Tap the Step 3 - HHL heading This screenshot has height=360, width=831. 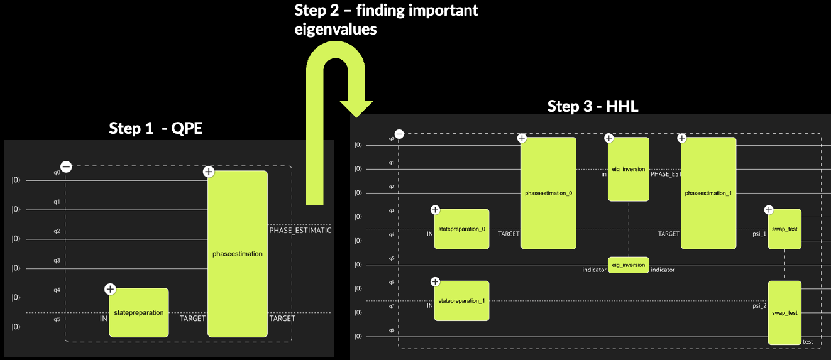pyautogui.click(x=593, y=106)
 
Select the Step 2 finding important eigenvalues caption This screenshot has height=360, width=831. pyautogui.click(x=386, y=19)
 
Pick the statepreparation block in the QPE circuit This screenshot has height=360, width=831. pyautogui.click(x=138, y=312)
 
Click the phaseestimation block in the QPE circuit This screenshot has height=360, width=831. pyautogui.click(x=238, y=254)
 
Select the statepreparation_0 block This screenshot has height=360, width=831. pyautogui.click(x=461, y=229)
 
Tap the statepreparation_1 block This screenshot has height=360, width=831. pyautogui.click(x=461, y=301)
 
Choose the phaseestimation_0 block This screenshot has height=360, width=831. pyautogui.click(x=548, y=193)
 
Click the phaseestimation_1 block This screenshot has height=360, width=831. pyautogui.click(x=708, y=193)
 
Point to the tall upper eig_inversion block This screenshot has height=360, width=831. pyautogui.click(x=628, y=169)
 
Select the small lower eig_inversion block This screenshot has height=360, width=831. pyautogui.click(x=628, y=265)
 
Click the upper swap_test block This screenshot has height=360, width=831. pyautogui.click(x=784, y=229)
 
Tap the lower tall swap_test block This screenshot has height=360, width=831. pyautogui.click(x=784, y=312)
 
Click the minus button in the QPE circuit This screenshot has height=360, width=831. pyautogui.click(x=66, y=166)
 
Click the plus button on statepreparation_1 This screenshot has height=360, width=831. pyautogui.click(x=435, y=281)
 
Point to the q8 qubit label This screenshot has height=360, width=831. pyautogui.click(x=392, y=329)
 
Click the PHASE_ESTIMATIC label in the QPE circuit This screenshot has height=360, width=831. pyautogui.click(x=300, y=231)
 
